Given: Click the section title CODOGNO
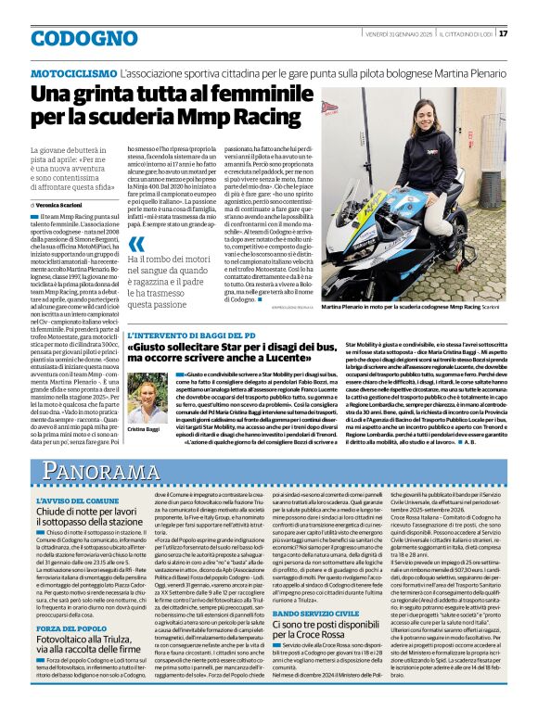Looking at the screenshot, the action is tap(73, 36).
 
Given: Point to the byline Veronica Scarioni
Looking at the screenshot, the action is tap(60, 204).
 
